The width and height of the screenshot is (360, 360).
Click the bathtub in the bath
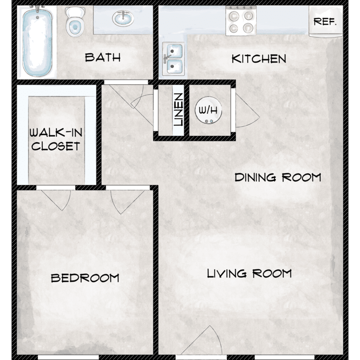tap(37, 41)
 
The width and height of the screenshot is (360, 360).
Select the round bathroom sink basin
tap(123, 18)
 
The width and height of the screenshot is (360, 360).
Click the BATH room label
tap(103, 58)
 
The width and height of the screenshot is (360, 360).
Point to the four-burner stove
tap(241, 21)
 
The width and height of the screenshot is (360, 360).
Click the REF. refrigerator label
tap(325, 22)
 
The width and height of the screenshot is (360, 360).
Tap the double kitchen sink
tap(174, 59)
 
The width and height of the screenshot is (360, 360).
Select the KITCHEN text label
tap(259, 59)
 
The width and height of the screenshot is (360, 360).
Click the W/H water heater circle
tap(208, 110)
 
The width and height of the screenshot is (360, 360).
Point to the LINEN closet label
tap(179, 109)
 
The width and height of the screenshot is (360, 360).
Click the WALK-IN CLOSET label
tap(56, 139)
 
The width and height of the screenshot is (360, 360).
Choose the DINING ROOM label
tap(278, 178)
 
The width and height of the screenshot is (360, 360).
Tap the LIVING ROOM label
tap(249, 274)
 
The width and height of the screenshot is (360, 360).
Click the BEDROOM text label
tap(85, 278)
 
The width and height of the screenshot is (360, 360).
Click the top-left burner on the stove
tap(234, 16)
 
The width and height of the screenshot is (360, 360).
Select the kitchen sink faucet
tap(167, 58)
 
